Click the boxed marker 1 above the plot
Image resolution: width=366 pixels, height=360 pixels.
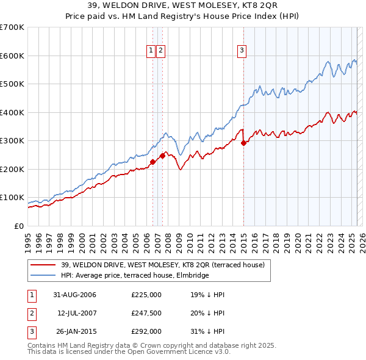click(x=151, y=51)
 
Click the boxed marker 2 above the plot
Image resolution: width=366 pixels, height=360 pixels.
click(x=160, y=51)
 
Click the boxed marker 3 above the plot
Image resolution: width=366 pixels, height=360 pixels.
click(x=242, y=51)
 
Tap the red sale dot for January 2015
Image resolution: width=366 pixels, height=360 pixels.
click(x=243, y=143)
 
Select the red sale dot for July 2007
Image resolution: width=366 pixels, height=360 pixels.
click(x=162, y=156)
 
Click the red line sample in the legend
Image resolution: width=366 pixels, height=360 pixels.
click(x=43, y=265)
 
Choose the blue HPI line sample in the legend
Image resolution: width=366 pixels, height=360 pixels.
click(x=43, y=275)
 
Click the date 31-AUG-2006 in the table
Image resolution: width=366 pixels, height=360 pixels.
click(x=74, y=295)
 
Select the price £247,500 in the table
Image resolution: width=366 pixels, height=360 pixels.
click(x=146, y=313)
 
